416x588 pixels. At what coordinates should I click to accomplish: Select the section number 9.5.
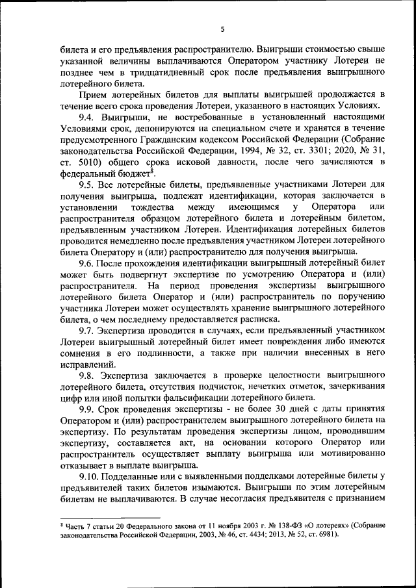click(x=88, y=185)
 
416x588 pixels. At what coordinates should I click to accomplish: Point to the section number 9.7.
click(x=88, y=331)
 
